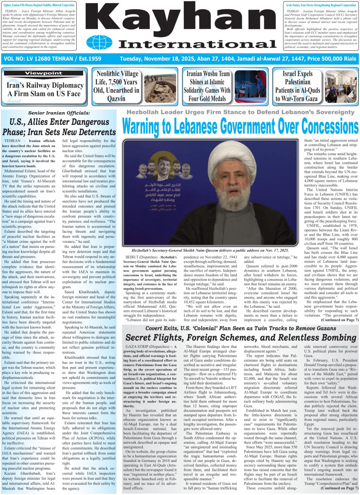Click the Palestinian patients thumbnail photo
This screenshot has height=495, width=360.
tap(341, 86)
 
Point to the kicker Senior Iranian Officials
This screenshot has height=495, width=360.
tap(59, 113)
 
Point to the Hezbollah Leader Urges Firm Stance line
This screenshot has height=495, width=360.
tap(240, 113)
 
